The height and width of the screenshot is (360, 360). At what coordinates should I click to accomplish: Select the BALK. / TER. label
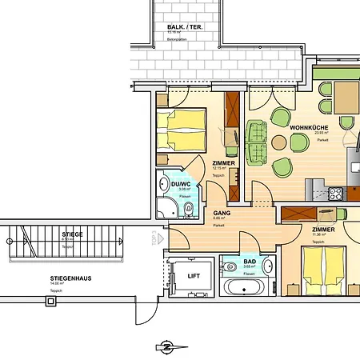(x=183, y=27)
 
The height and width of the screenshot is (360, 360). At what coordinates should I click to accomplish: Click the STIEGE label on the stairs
(x=72, y=236)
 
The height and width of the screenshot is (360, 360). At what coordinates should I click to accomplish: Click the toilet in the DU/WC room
(x=187, y=210)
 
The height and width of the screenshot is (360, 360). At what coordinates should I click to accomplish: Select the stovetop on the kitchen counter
(x=335, y=193)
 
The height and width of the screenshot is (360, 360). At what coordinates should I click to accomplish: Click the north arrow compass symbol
(x=166, y=346)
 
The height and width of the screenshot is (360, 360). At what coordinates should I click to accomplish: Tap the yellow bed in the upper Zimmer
(x=181, y=130)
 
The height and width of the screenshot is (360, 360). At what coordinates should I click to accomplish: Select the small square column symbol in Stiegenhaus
(x=51, y=302)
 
